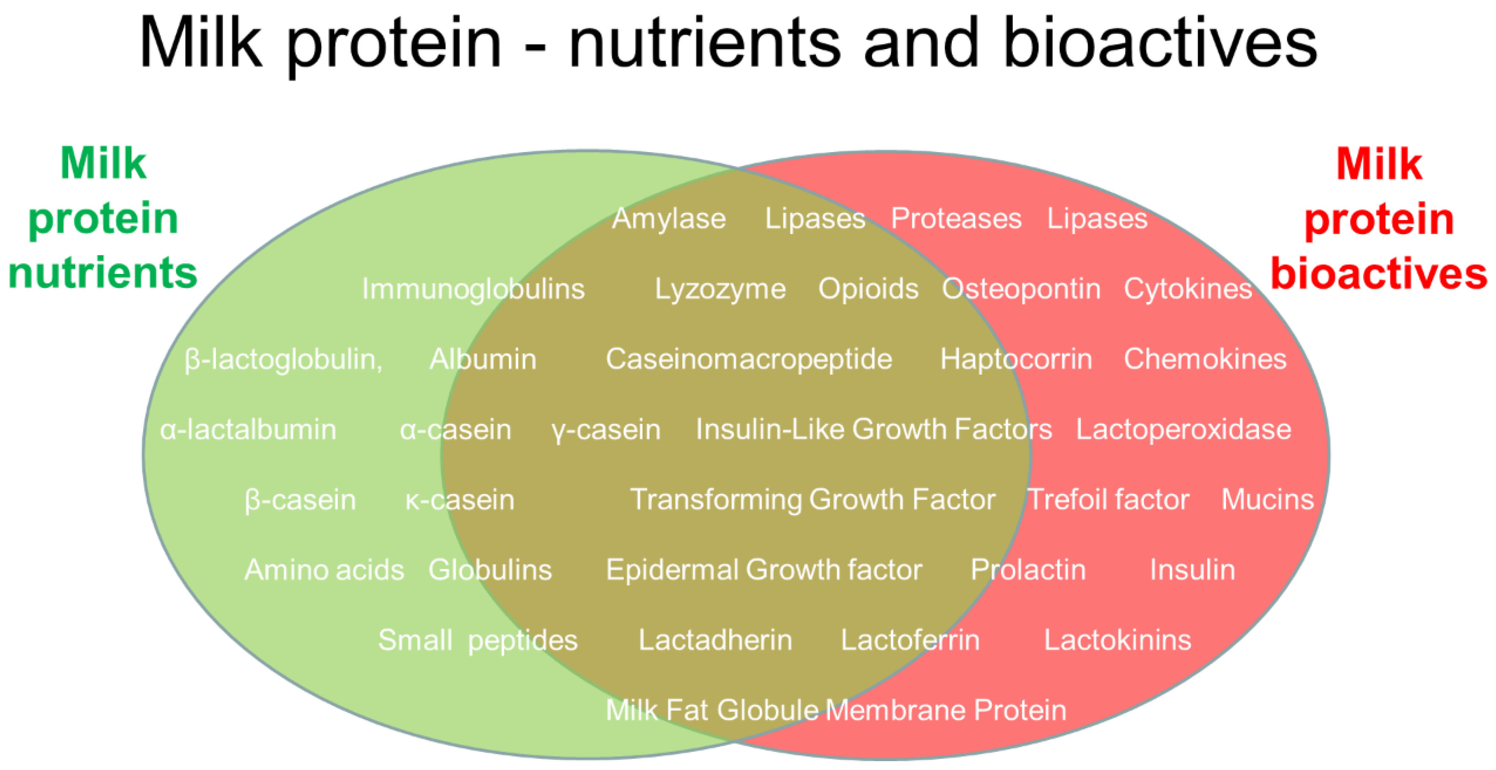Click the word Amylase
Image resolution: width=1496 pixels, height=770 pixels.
[668, 219]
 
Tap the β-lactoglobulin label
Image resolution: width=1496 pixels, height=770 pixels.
[283, 360]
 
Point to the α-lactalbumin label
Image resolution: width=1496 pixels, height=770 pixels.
[248, 430]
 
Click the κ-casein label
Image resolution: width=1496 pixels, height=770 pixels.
[459, 500]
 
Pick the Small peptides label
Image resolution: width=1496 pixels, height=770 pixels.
[477, 641]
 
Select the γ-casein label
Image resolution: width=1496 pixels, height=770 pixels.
[606, 430]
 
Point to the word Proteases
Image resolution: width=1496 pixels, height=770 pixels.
[956, 219]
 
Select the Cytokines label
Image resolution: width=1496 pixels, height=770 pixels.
[1187, 289]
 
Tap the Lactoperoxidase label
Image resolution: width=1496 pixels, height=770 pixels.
[1184, 430]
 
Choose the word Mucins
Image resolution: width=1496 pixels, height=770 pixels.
[1267, 500]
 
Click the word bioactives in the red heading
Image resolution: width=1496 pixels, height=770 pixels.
[1378, 274]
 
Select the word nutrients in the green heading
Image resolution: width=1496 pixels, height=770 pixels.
[103, 273]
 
